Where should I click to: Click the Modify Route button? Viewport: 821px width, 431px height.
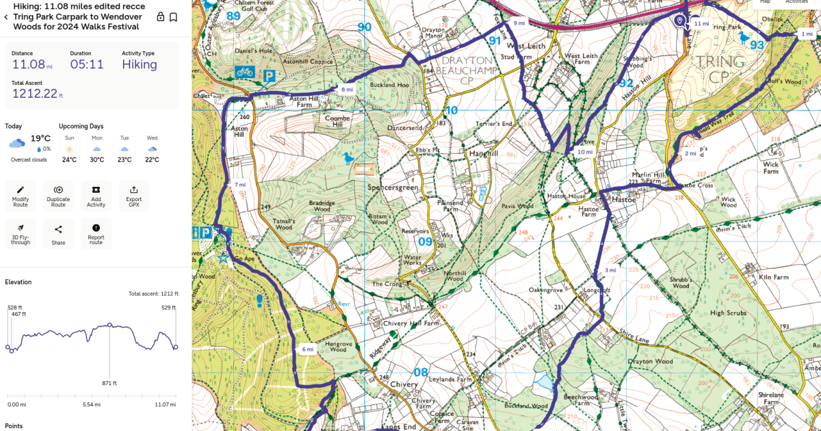(x=21, y=196)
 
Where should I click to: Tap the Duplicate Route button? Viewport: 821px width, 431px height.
(x=58, y=196)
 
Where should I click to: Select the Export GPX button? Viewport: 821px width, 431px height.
(x=133, y=196)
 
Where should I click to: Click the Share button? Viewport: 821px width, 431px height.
(x=58, y=234)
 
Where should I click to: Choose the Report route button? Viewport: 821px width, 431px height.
(x=96, y=234)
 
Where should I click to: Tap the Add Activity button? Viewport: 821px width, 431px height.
(x=96, y=196)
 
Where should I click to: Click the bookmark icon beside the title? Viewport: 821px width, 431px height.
(x=174, y=17)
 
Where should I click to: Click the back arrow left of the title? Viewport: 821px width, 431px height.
(x=7, y=17)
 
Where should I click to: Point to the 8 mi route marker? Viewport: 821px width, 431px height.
(x=348, y=90)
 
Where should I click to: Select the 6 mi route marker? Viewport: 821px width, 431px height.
(x=308, y=350)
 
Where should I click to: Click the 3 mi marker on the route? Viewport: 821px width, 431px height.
(x=611, y=270)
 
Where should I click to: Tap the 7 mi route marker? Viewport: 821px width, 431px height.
(x=239, y=185)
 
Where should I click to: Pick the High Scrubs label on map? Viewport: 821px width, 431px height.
(x=727, y=313)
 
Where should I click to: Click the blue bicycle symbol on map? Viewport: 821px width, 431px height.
(x=245, y=71)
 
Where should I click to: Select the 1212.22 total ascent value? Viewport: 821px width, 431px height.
(x=34, y=94)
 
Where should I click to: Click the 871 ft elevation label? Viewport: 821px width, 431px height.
(x=109, y=383)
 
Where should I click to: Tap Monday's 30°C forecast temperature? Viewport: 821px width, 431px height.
(x=97, y=160)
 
